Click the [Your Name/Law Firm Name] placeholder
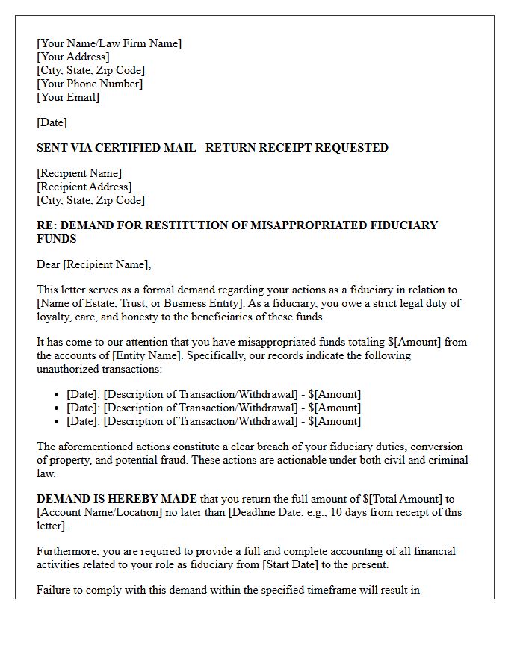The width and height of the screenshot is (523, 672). click(x=109, y=43)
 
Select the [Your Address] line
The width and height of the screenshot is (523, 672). click(x=73, y=57)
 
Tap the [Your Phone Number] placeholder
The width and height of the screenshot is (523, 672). click(x=90, y=84)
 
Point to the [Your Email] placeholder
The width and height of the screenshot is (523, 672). click(x=68, y=97)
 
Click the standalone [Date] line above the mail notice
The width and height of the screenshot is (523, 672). click(x=52, y=122)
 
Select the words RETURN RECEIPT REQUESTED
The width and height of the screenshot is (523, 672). click(x=297, y=148)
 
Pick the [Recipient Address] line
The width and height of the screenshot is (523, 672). click(x=84, y=187)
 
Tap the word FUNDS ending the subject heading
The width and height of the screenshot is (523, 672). click(x=56, y=239)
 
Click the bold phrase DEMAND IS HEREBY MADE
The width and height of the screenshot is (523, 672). click(x=117, y=499)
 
